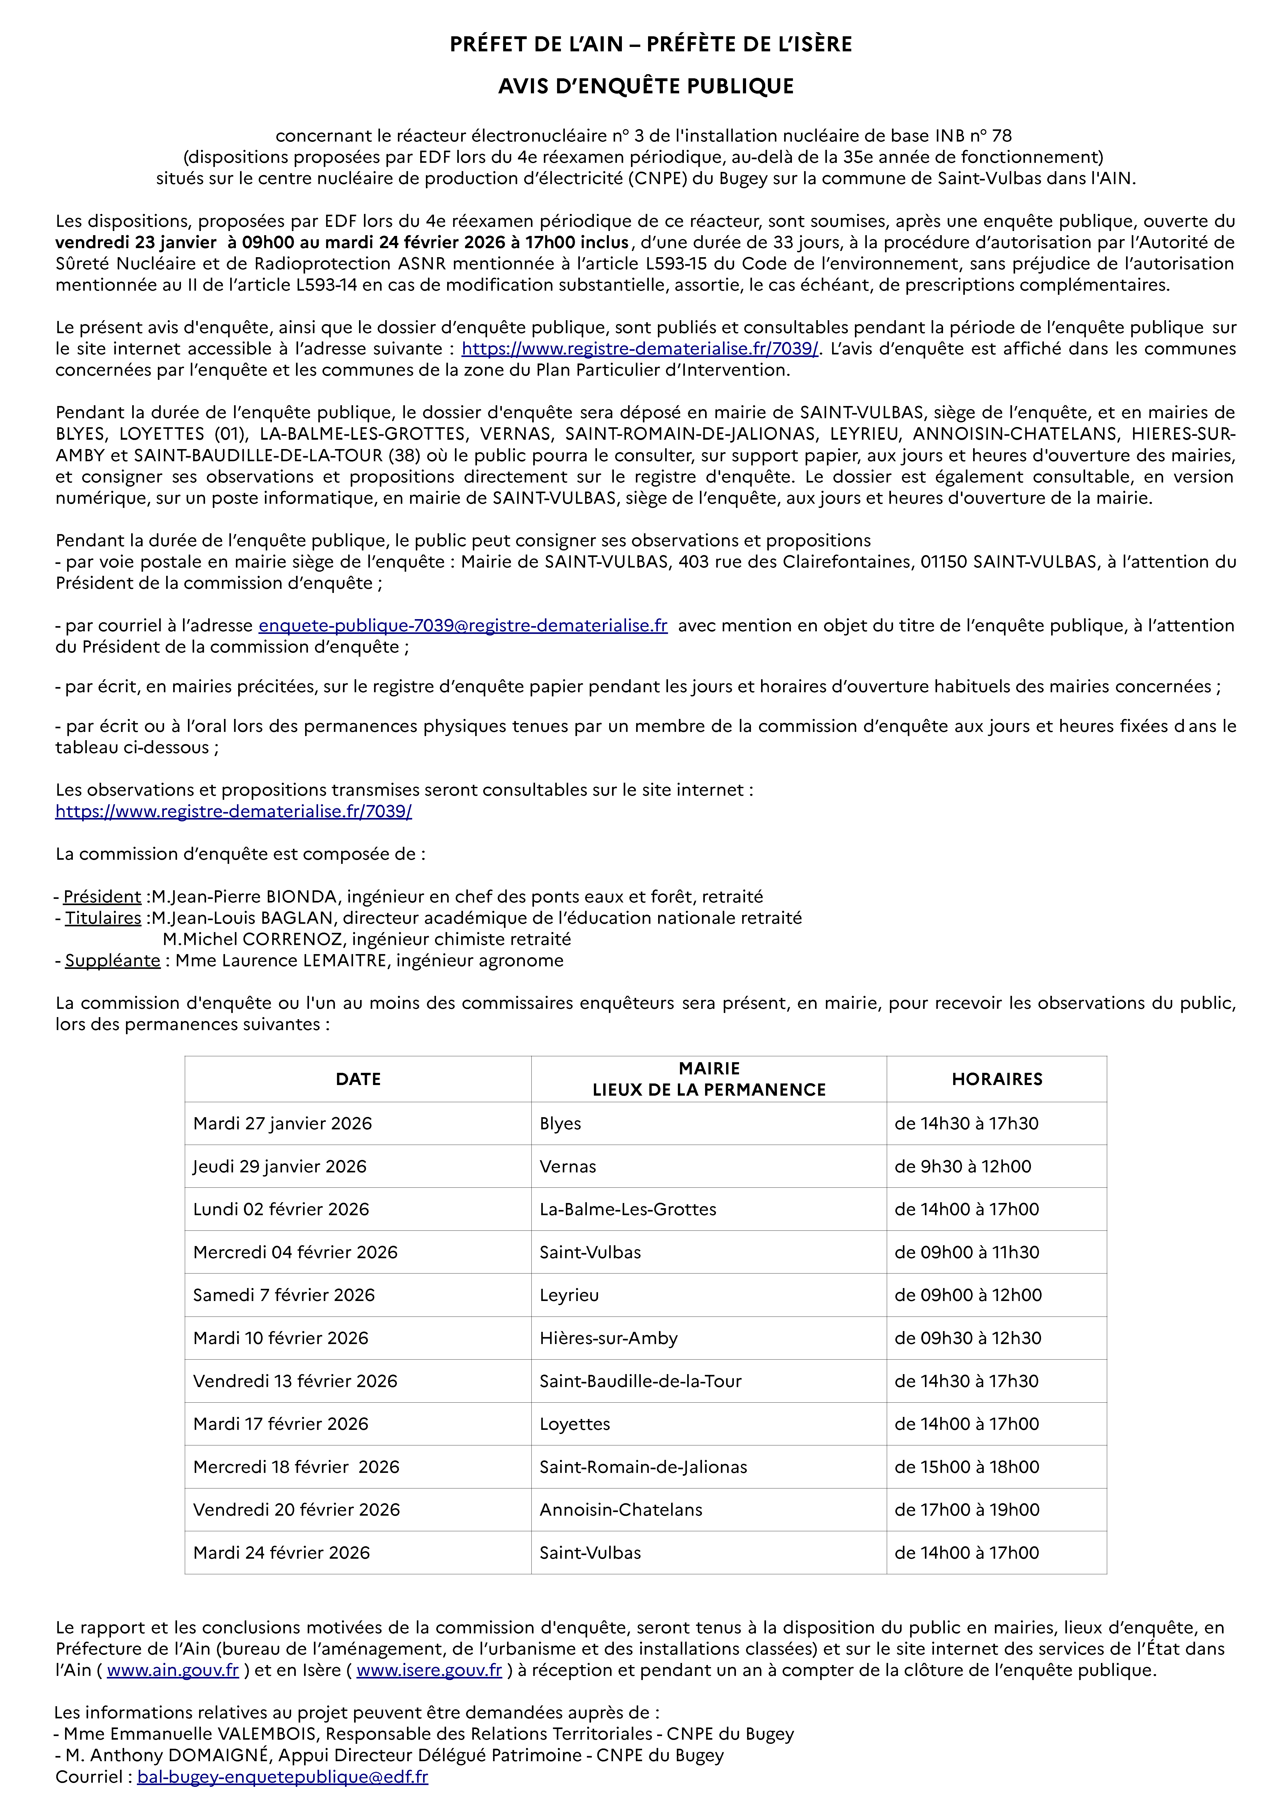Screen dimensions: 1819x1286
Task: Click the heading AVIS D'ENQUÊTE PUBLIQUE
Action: (646, 86)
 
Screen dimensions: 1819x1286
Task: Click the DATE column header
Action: (358, 1079)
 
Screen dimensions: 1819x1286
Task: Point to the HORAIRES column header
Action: (997, 1079)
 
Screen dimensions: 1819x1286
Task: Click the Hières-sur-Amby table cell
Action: (609, 1338)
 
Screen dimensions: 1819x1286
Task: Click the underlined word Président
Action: (102, 897)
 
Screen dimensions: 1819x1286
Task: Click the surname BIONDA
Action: (301, 897)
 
